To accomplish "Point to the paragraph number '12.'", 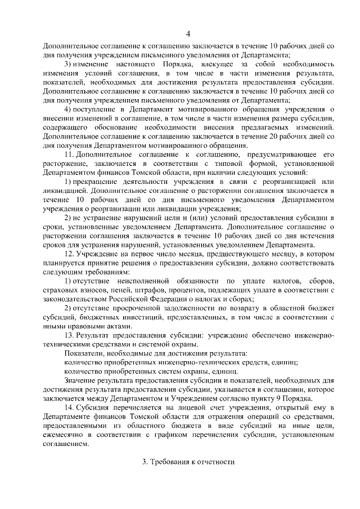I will point(70,254).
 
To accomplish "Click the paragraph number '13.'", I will point(70,335).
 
